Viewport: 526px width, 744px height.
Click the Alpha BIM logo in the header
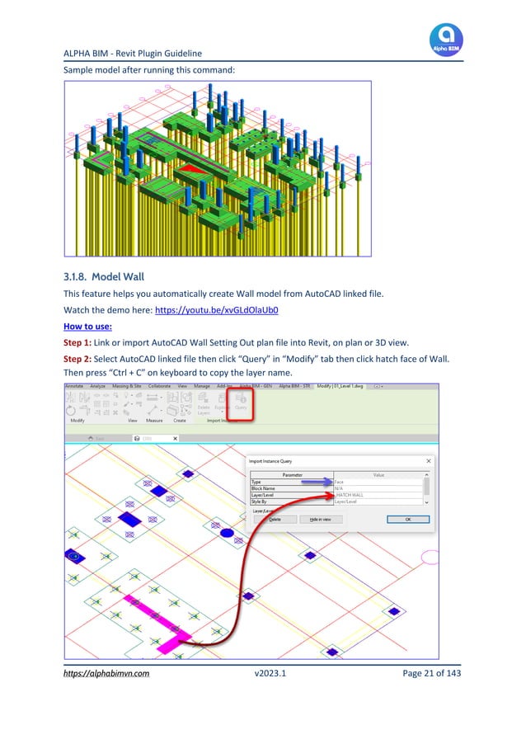(x=446, y=39)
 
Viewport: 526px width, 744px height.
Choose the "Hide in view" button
(x=320, y=520)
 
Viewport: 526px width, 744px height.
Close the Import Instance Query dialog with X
(x=428, y=461)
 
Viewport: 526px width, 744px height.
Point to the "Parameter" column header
(x=291, y=475)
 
